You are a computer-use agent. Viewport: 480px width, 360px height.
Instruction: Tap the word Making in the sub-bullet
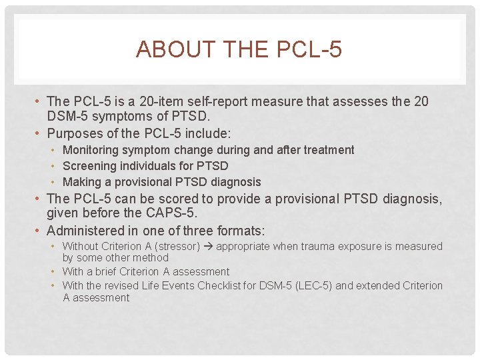click(80, 182)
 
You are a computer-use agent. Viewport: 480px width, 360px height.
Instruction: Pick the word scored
click(177, 199)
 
